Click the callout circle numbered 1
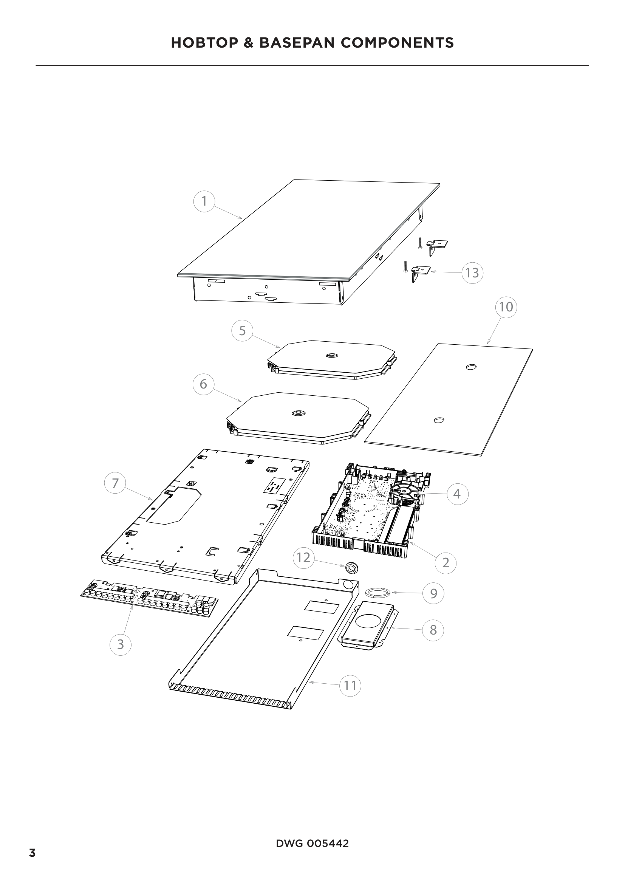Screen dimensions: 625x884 (204, 201)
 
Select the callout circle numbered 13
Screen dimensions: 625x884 (472, 272)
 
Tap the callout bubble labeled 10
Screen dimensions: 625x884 (506, 307)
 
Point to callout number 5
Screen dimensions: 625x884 (242, 331)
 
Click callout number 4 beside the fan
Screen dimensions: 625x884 (457, 494)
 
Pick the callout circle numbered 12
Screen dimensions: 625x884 (304, 557)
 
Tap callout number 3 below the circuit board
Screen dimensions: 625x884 (121, 644)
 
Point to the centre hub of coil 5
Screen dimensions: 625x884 (331, 355)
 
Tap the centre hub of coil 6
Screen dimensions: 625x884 (298, 413)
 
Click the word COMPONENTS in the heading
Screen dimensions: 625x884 (397, 43)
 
